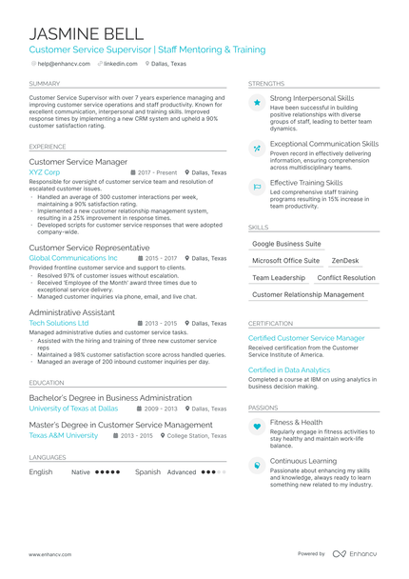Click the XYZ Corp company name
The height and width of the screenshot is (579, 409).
click(x=45, y=172)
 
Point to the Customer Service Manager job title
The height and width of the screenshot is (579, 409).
click(x=78, y=162)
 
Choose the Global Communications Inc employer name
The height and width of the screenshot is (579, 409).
click(x=73, y=258)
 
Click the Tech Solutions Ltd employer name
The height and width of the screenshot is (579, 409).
click(x=66, y=323)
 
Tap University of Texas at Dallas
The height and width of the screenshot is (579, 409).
click(x=73, y=408)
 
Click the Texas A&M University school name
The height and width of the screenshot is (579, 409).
click(x=63, y=435)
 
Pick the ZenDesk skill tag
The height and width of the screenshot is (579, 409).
click(x=345, y=260)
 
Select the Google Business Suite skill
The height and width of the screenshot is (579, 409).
click(x=286, y=244)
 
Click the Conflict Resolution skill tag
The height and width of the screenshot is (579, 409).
click(x=346, y=278)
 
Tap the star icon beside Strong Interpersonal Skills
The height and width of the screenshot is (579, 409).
click(x=256, y=102)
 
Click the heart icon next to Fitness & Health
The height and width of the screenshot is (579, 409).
click(x=256, y=428)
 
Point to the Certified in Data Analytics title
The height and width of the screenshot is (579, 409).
click(x=289, y=369)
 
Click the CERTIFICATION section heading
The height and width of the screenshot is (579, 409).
click(x=270, y=323)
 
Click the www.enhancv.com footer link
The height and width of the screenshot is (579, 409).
click(x=51, y=553)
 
